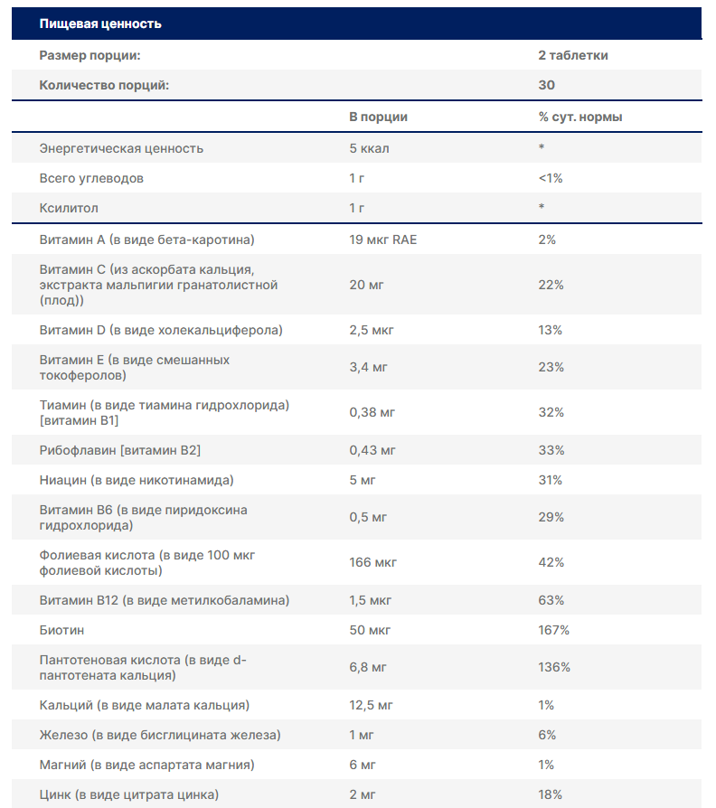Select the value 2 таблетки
[572, 55]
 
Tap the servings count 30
[546, 85]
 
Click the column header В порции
[378, 117]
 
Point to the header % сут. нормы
[579, 117]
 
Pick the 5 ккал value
[369, 148]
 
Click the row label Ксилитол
[69, 208]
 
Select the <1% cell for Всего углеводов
[550, 178]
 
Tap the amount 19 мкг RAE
[382, 240]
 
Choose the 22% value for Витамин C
[551, 285]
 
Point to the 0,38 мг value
[372, 412]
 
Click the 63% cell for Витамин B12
[551, 600]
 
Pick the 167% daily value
[553, 629]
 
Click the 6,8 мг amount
[368, 667]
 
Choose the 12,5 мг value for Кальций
[371, 705]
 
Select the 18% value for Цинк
[550, 794]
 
